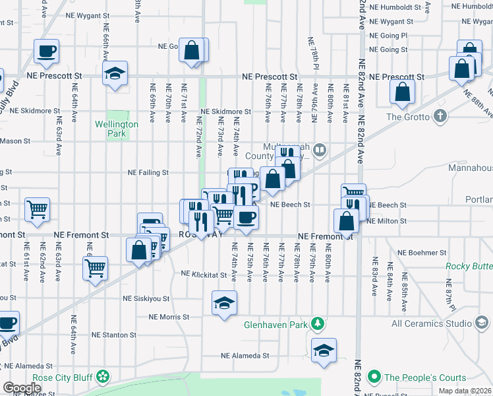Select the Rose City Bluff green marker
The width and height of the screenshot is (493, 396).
102,377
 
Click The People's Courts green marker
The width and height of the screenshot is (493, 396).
374,378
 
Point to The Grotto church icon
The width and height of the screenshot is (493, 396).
441,117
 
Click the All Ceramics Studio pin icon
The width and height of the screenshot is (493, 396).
482,323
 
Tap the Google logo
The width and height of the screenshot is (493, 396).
22,387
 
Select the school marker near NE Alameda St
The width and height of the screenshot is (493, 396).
324,350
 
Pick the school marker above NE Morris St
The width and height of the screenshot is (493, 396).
224,303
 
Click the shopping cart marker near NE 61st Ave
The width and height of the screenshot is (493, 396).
38,209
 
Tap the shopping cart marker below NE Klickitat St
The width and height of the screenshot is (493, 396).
96,268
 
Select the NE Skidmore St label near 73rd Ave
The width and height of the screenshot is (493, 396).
226,112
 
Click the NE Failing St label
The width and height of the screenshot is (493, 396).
148,173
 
